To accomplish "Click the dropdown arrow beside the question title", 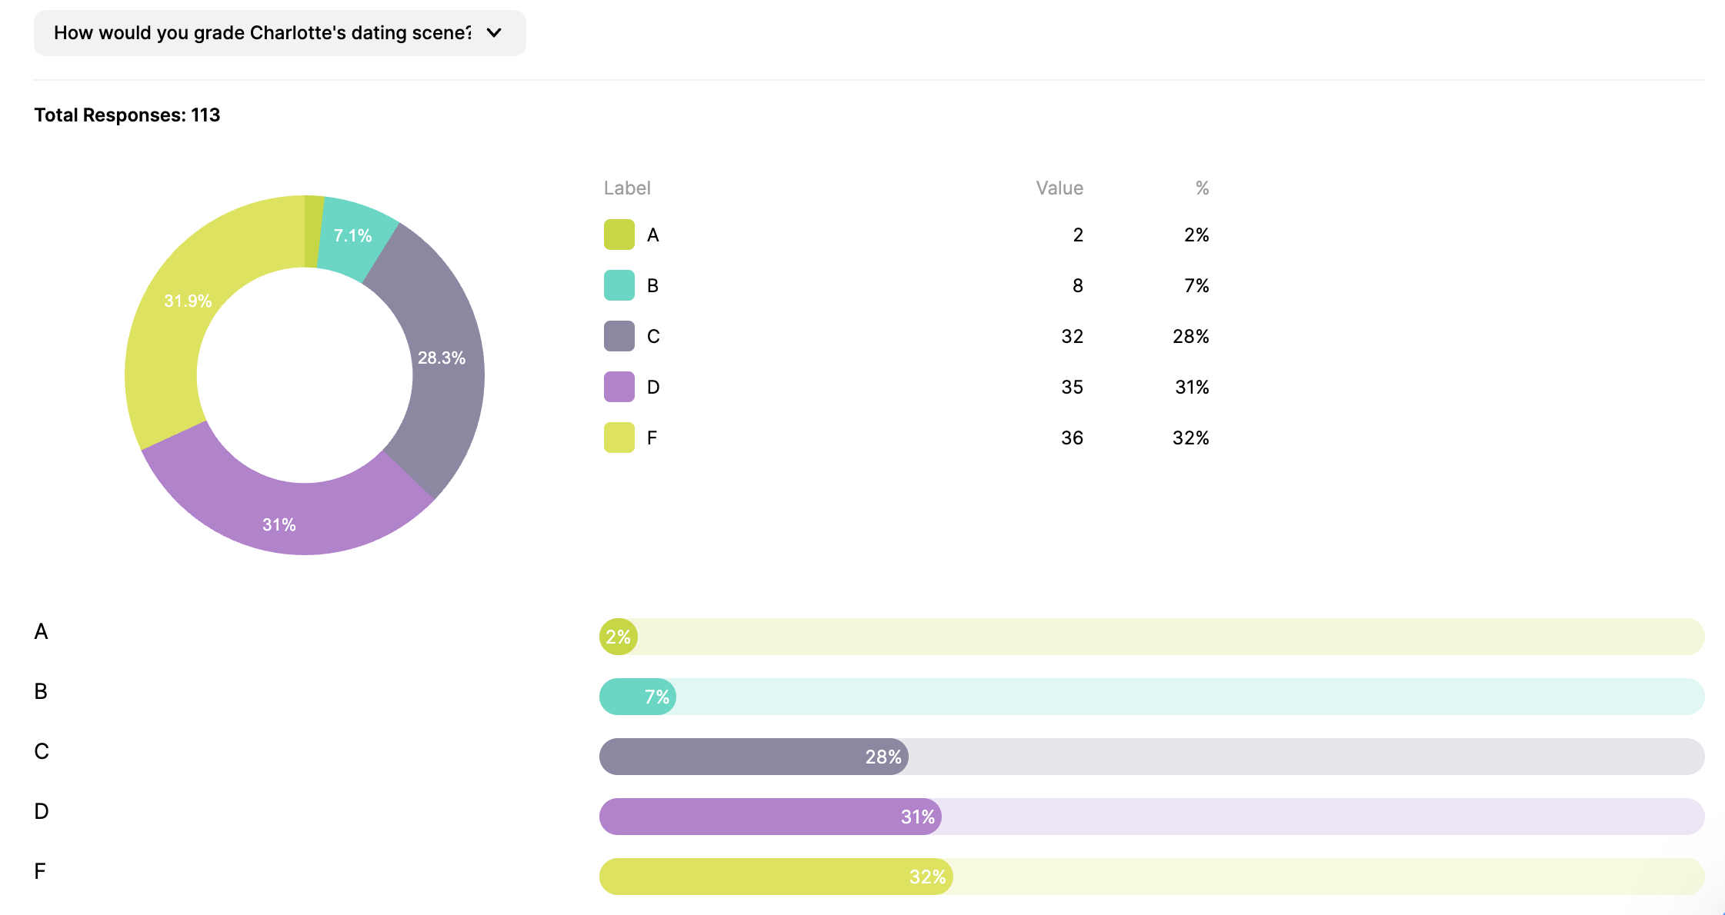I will point(494,33).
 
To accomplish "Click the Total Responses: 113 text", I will point(127,115).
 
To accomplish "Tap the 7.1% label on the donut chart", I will point(352,236).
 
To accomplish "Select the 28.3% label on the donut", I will point(441,358).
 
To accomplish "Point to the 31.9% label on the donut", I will point(188,301).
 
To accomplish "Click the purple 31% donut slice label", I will point(279,525).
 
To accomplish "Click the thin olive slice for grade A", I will point(313,231).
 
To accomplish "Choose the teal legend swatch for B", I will point(619,285).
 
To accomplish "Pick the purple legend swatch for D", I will point(619,387).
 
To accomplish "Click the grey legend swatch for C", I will point(619,336).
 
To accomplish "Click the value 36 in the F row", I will point(1072,438).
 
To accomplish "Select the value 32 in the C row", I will point(1072,337).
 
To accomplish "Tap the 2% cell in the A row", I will point(1196,235).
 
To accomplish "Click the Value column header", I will point(1059,188).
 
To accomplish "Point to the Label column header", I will point(626,188).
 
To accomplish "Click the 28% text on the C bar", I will point(883,757).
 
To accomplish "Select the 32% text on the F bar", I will point(927,877).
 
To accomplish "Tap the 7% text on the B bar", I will point(656,697).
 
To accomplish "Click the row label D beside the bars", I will point(42,812).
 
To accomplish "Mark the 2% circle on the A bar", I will point(618,637).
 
